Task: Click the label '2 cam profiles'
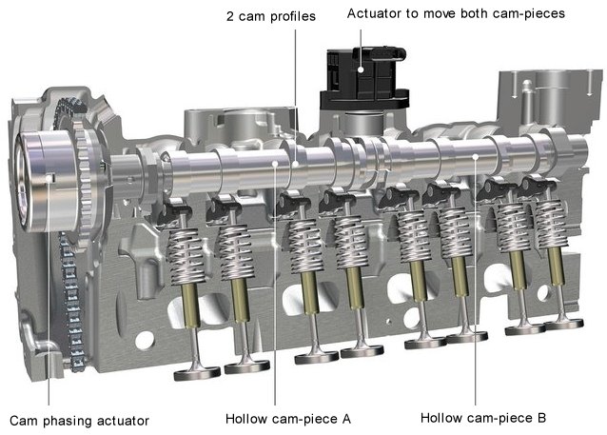[x=271, y=16]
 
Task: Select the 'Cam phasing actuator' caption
[x=80, y=420]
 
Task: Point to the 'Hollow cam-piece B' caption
[x=483, y=418]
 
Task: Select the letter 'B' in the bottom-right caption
[x=540, y=418]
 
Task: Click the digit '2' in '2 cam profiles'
[x=230, y=16]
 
